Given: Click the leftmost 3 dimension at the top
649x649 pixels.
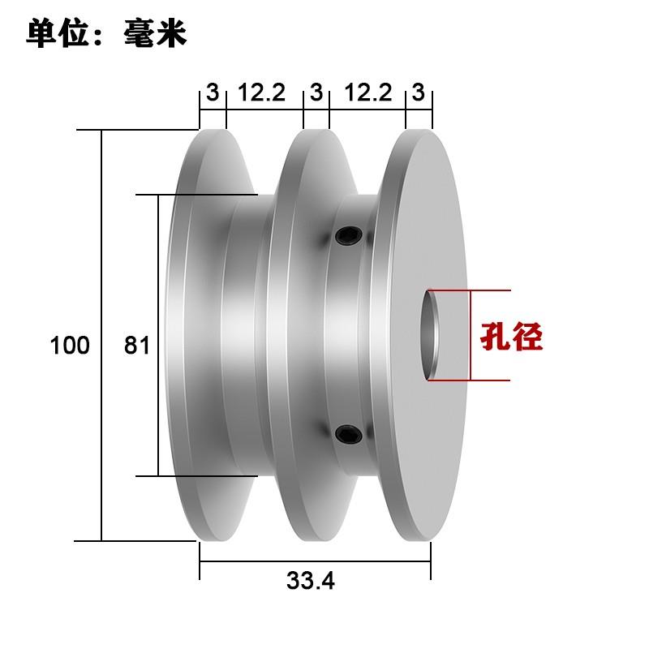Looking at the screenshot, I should pyautogui.click(x=213, y=92).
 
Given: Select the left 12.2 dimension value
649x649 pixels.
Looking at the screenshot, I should pyautogui.click(x=261, y=92).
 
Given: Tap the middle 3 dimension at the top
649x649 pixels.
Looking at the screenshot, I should pyautogui.click(x=316, y=92).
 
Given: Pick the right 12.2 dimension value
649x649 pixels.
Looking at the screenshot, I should pyautogui.click(x=368, y=92).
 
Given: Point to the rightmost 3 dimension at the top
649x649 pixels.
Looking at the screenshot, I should pyautogui.click(x=419, y=92).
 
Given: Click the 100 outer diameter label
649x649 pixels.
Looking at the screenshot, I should pyautogui.click(x=70, y=346).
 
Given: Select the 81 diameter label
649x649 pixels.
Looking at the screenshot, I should pyautogui.click(x=137, y=346).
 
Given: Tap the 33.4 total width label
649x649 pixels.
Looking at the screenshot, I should pyautogui.click(x=311, y=581).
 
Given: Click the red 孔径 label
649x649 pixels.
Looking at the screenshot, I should pyautogui.click(x=509, y=336).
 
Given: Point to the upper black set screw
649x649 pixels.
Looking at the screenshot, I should pyautogui.click(x=348, y=236).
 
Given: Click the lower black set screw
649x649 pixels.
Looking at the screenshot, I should pyautogui.click(x=348, y=434).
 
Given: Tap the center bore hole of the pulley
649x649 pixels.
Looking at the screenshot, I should pyautogui.click(x=433, y=335).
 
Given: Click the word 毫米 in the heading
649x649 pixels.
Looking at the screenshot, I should pyautogui.click(x=156, y=34).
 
